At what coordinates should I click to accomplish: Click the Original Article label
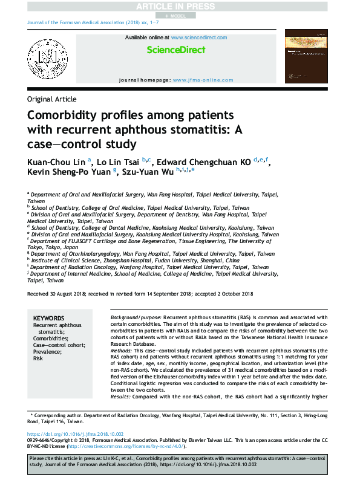52,99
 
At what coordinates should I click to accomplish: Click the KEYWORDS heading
48,318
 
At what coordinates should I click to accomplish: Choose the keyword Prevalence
48,352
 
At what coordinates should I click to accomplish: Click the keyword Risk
38,358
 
